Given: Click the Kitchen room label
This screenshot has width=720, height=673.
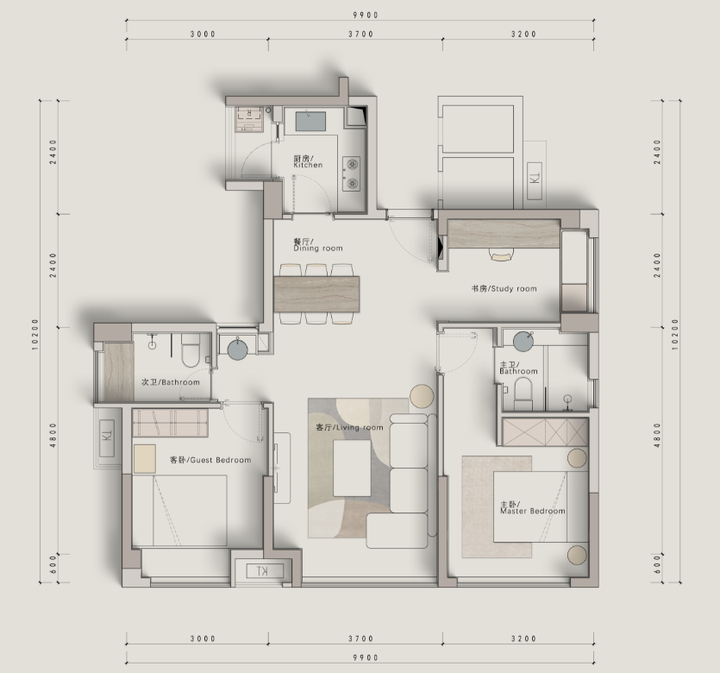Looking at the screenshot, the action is [308, 161].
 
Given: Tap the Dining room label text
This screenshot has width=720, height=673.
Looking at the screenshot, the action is [318, 245].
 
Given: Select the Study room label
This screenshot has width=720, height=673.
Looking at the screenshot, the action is [504, 288].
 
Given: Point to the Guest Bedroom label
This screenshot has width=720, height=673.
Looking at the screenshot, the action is [210, 460].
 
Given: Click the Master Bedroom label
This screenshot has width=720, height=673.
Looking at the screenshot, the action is [533, 507].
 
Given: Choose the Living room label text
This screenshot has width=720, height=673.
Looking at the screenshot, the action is [349, 427].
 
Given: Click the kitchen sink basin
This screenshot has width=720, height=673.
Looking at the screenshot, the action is [310, 121].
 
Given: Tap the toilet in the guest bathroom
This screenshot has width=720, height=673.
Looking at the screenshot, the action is [191, 350].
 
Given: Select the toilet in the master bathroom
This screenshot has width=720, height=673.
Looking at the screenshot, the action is [523, 393].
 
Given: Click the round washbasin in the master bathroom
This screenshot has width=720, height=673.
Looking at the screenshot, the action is [523, 342].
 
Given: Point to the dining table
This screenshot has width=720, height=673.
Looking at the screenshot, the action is [316, 294].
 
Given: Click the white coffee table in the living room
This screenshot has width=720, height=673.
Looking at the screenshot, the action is [352, 469].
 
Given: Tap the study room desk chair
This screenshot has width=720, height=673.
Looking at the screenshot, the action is [502, 254].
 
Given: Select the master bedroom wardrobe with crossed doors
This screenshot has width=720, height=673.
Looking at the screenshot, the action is [545, 431].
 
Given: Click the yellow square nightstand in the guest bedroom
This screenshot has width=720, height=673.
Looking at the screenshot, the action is [145, 459].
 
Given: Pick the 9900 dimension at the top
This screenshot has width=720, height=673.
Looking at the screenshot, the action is [366, 16].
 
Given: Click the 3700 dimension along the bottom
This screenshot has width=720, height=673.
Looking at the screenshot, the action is [361, 638].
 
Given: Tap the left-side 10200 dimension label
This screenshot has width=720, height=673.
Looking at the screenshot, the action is [36, 335].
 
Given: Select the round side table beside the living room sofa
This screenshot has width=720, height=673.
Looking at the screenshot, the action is [422, 396].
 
